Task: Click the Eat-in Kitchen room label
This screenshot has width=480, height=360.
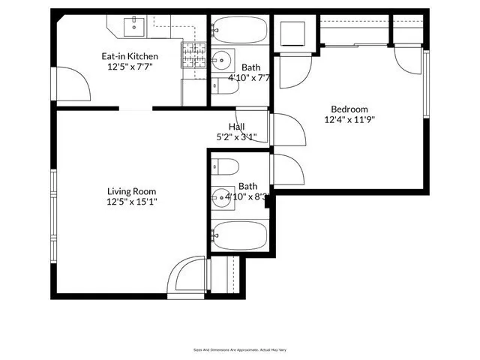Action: [130, 55]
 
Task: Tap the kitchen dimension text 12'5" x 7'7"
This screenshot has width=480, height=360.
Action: [130, 66]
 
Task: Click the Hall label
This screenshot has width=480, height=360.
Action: [236, 126]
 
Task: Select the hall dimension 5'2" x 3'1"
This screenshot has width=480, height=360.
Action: [235, 136]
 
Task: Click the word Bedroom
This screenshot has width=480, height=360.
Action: [349, 108]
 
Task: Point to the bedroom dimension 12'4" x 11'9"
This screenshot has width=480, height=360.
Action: [349, 118]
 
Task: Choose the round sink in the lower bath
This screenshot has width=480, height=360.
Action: [222, 198]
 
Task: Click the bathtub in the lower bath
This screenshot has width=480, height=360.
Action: [239, 235]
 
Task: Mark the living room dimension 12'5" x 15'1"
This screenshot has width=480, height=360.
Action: [132, 201]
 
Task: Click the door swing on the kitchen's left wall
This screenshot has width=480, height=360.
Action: [73, 84]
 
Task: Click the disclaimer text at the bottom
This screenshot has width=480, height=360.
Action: [240, 349]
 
